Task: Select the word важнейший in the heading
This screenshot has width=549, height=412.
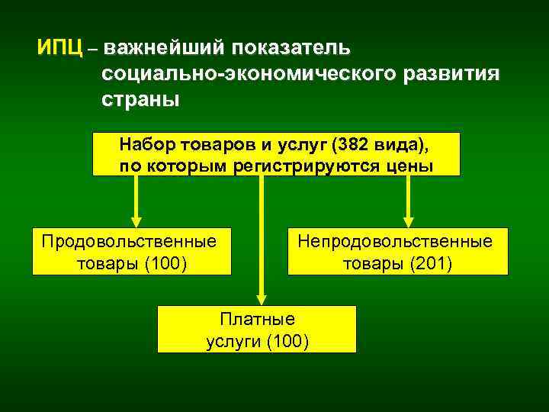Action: point(164,48)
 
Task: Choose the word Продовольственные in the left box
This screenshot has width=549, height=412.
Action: point(129,241)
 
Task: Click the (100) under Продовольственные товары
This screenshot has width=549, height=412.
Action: point(166,264)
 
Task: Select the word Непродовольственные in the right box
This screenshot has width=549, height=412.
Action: point(395,241)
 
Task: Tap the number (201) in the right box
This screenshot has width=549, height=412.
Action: point(430,264)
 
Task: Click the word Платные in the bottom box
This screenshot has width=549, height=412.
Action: point(256,318)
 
